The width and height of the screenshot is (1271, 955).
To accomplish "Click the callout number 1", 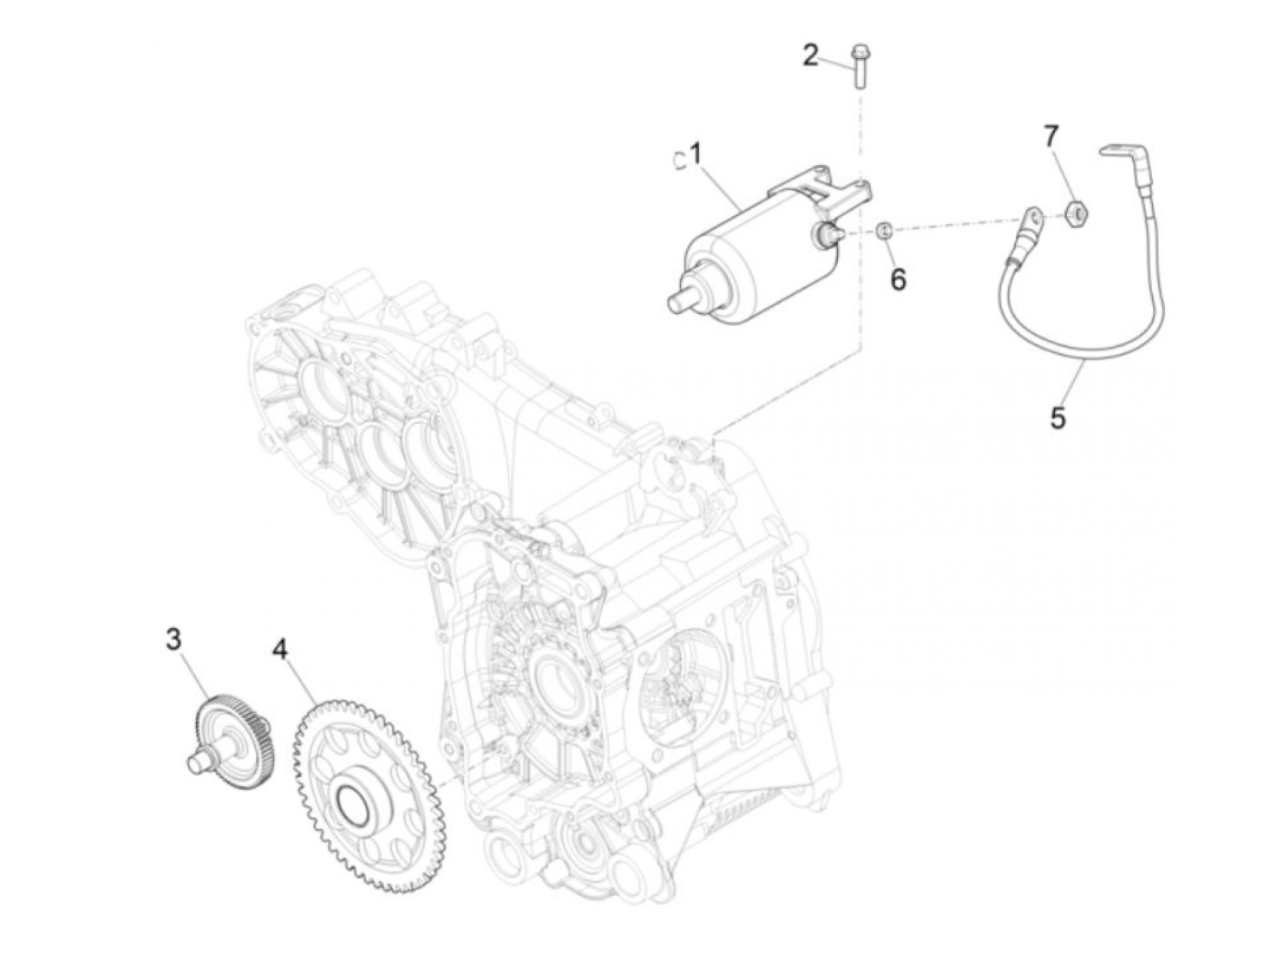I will pos(696,155).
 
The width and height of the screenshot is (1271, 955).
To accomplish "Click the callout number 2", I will pos(810,54).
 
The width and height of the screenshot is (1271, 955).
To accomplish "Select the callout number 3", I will pos(172,639).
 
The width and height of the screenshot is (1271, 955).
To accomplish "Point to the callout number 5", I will pos(1058,418).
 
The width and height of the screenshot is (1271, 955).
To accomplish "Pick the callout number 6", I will pos(898,279).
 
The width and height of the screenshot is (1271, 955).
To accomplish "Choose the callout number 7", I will pos(1050,137).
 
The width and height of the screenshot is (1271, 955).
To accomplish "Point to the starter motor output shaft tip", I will pos(675,302).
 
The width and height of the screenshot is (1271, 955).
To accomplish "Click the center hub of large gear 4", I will pos(350,800).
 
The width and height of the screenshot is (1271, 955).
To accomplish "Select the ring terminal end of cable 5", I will pos(1032,218).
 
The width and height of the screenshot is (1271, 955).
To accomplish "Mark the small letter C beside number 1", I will pos(678,160).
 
